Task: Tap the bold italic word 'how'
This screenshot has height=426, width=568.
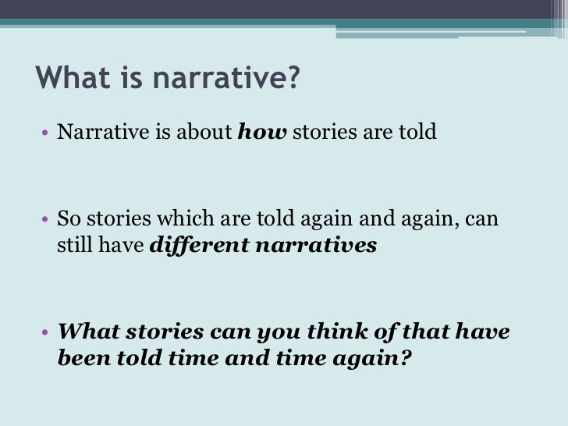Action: tap(262, 132)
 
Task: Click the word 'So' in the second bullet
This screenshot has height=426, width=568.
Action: tap(70, 219)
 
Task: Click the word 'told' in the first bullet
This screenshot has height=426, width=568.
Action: tap(419, 132)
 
